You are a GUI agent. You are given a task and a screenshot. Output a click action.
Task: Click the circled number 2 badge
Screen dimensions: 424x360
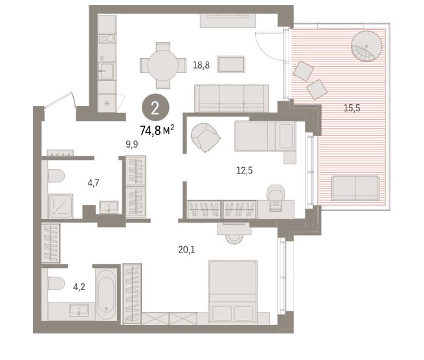pyautogui.click(x=155, y=107)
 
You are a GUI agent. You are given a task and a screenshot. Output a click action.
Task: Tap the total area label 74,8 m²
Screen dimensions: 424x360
pyautogui.click(x=157, y=130)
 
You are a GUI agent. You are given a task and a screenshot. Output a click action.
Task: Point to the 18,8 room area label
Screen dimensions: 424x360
pyautogui.click(x=201, y=65)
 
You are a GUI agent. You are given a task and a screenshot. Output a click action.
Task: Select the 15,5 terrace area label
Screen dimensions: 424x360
pyautogui.click(x=351, y=108)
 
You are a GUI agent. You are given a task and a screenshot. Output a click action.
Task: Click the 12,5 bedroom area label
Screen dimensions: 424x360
pyautogui.click(x=245, y=170)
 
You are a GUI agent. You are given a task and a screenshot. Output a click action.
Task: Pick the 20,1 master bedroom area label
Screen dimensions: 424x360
pyautogui.click(x=186, y=249)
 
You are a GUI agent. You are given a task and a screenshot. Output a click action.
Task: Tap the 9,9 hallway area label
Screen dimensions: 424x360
pyautogui.click(x=131, y=144)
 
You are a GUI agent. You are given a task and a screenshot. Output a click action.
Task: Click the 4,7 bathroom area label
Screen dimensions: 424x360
pyautogui.click(x=93, y=183)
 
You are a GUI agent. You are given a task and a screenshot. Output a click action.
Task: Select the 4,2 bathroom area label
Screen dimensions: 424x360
pyautogui.click(x=79, y=286)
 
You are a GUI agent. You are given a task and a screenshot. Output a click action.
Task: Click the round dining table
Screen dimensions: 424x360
pyautogui.click(x=163, y=65)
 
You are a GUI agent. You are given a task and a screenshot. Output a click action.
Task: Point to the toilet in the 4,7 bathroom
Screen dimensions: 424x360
pyautogui.click(x=56, y=175)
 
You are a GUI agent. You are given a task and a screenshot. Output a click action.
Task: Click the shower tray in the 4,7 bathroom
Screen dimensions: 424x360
pyautogui.click(x=61, y=206)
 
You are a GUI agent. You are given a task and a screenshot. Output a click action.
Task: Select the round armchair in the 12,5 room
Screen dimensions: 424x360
pyautogui.click(x=205, y=137)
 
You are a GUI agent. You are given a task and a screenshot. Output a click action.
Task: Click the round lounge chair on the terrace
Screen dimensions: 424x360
pyautogui.click(x=366, y=46)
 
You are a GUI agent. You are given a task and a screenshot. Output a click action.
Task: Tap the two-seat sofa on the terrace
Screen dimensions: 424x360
pyautogui.click(x=355, y=188)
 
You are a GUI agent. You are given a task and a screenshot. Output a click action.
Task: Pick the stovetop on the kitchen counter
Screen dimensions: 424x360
pyautogui.click(x=107, y=39)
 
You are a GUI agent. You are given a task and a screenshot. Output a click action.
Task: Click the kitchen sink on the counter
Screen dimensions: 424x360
pyautogui.click(x=106, y=71)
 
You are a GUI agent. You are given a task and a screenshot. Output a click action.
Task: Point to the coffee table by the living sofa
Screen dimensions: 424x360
pyautogui.click(x=231, y=64)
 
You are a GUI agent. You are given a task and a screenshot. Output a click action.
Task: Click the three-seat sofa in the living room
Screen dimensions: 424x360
pyautogui.click(x=232, y=98)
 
